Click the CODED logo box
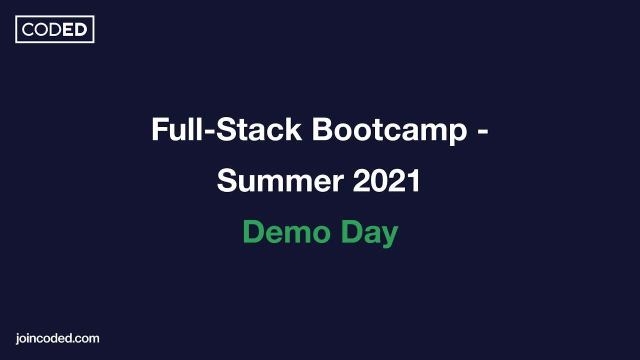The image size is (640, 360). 55,29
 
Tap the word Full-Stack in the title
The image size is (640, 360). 226,129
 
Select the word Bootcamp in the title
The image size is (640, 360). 389,129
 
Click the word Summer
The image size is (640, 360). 280,180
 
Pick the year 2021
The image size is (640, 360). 386,180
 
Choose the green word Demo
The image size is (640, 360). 286,232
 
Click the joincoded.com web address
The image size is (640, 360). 57,338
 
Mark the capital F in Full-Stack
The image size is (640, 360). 159,129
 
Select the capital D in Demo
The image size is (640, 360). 253,232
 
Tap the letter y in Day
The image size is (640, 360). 388,235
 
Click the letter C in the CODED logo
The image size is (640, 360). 28,30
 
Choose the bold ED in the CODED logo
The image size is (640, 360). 74,30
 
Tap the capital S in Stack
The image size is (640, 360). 227,129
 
